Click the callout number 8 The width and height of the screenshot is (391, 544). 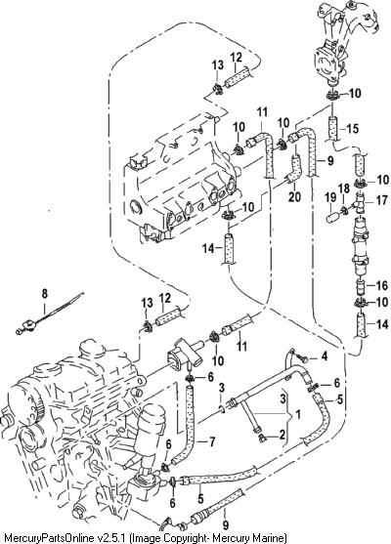[x=44, y=294]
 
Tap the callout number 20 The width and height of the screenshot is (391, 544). [x=294, y=196]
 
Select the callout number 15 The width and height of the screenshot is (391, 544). [x=352, y=129]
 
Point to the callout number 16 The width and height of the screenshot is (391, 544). [x=381, y=285]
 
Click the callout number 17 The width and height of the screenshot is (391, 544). [x=381, y=200]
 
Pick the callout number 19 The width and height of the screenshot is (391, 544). [x=330, y=197]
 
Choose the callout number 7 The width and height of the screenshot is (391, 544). [x=212, y=441]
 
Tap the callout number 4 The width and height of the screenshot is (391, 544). [x=324, y=356]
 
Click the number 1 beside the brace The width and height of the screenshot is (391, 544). [x=297, y=414]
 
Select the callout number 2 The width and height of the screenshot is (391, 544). [x=282, y=434]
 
